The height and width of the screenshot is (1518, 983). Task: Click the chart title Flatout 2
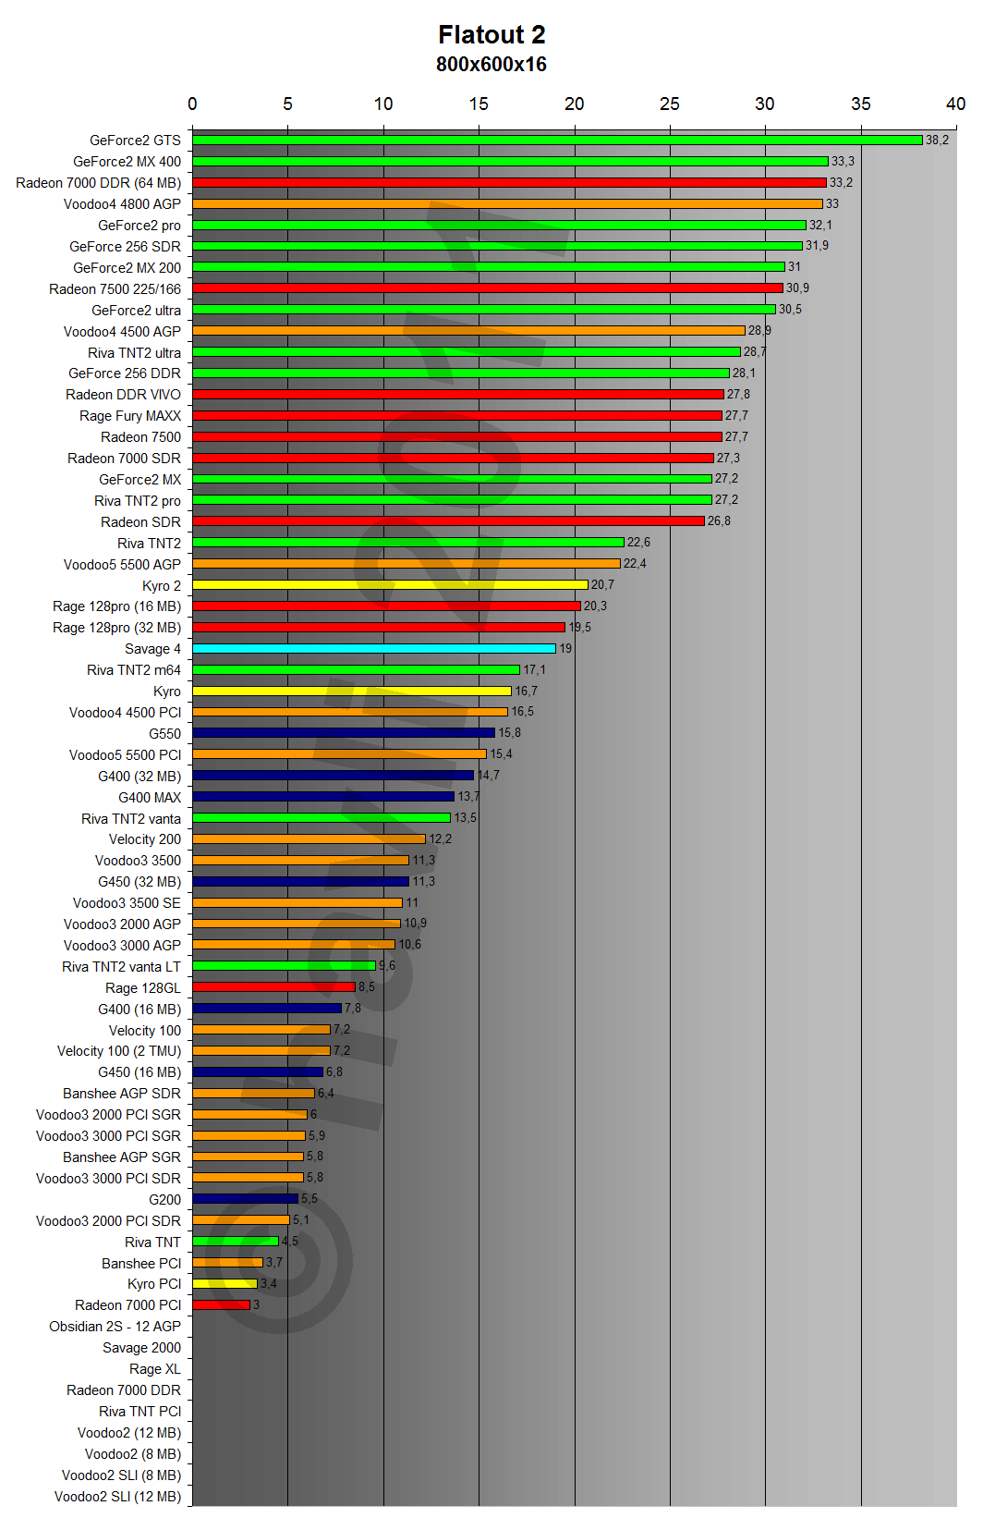[x=491, y=35]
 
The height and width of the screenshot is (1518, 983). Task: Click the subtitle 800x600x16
[x=491, y=65]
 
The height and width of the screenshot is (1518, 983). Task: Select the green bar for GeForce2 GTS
[x=557, y=141]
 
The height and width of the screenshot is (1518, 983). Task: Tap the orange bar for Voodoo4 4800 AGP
[x=507, y=203]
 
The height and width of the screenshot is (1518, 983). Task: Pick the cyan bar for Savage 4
[x=374, y=649]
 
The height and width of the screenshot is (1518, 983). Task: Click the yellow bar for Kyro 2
[x=390, y=585]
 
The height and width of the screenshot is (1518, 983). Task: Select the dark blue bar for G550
[x=344, y=733]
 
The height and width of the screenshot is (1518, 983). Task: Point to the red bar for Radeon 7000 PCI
[x=222, y=1305]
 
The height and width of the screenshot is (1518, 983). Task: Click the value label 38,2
[x=937, y=141]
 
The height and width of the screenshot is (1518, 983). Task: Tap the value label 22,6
[x=638, y=543]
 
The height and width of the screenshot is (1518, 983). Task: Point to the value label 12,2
[x=440, y=839]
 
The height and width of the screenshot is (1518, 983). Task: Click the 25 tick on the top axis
[x=670, y=104]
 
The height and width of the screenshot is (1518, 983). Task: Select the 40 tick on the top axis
[x=955, y=104]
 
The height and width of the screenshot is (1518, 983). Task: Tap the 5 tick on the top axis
[x=287, y=104]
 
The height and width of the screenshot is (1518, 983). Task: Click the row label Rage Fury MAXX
[x=130, y=416]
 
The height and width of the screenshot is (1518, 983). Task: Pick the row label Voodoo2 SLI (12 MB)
[x=117, y=1497]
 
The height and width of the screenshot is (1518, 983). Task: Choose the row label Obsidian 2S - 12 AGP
[x=115, y=1327]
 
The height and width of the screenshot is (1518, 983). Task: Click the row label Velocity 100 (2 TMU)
[x=119, y=1051]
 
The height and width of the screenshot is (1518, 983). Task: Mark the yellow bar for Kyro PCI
[x=225, y=1284]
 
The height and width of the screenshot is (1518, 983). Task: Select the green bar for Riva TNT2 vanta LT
[x=284, y=966]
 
